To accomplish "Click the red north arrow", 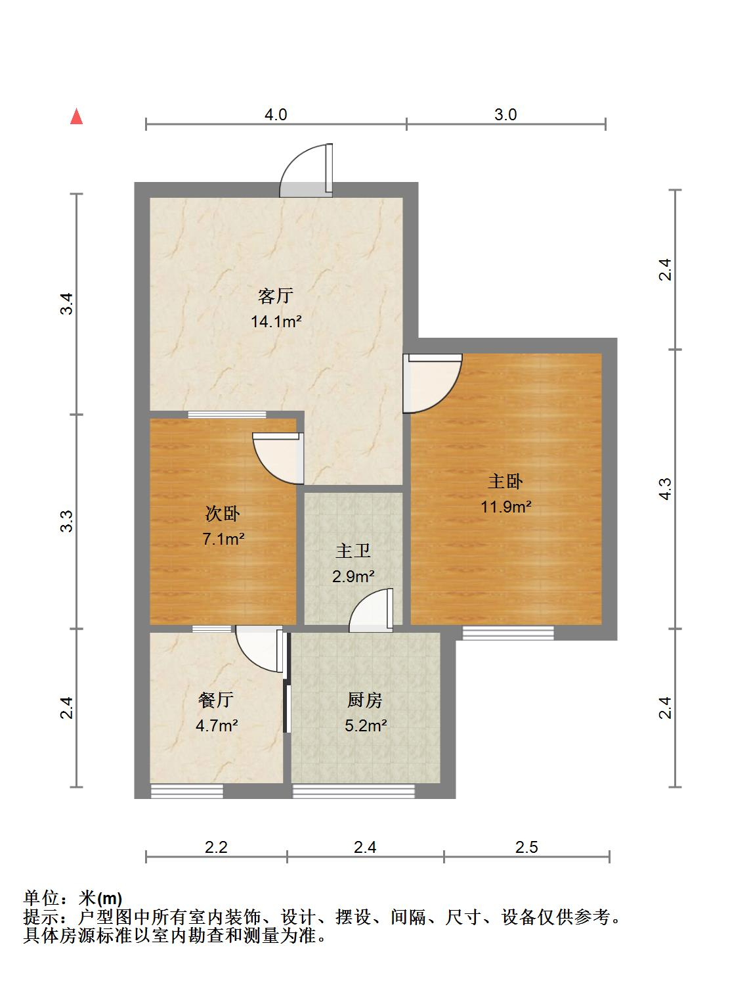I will pos(77,117).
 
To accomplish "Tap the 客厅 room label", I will pos(275,296).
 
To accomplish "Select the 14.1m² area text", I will pos(276,321).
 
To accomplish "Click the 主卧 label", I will pos(505,482).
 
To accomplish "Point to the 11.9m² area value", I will pos(505,507).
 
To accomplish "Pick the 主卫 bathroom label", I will pos(353,551).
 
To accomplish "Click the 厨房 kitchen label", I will pos(364,700).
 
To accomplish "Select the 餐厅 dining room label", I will pos(216,700).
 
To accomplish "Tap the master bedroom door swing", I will pos(431,382).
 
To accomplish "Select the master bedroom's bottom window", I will pos(508,633).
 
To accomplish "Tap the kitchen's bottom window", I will pos(353,792).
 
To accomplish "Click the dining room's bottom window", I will pos(187,792).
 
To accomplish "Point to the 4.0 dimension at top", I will pos(276,115).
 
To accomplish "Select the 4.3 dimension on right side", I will pos(665,489).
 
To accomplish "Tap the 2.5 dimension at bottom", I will pos(526,847).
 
